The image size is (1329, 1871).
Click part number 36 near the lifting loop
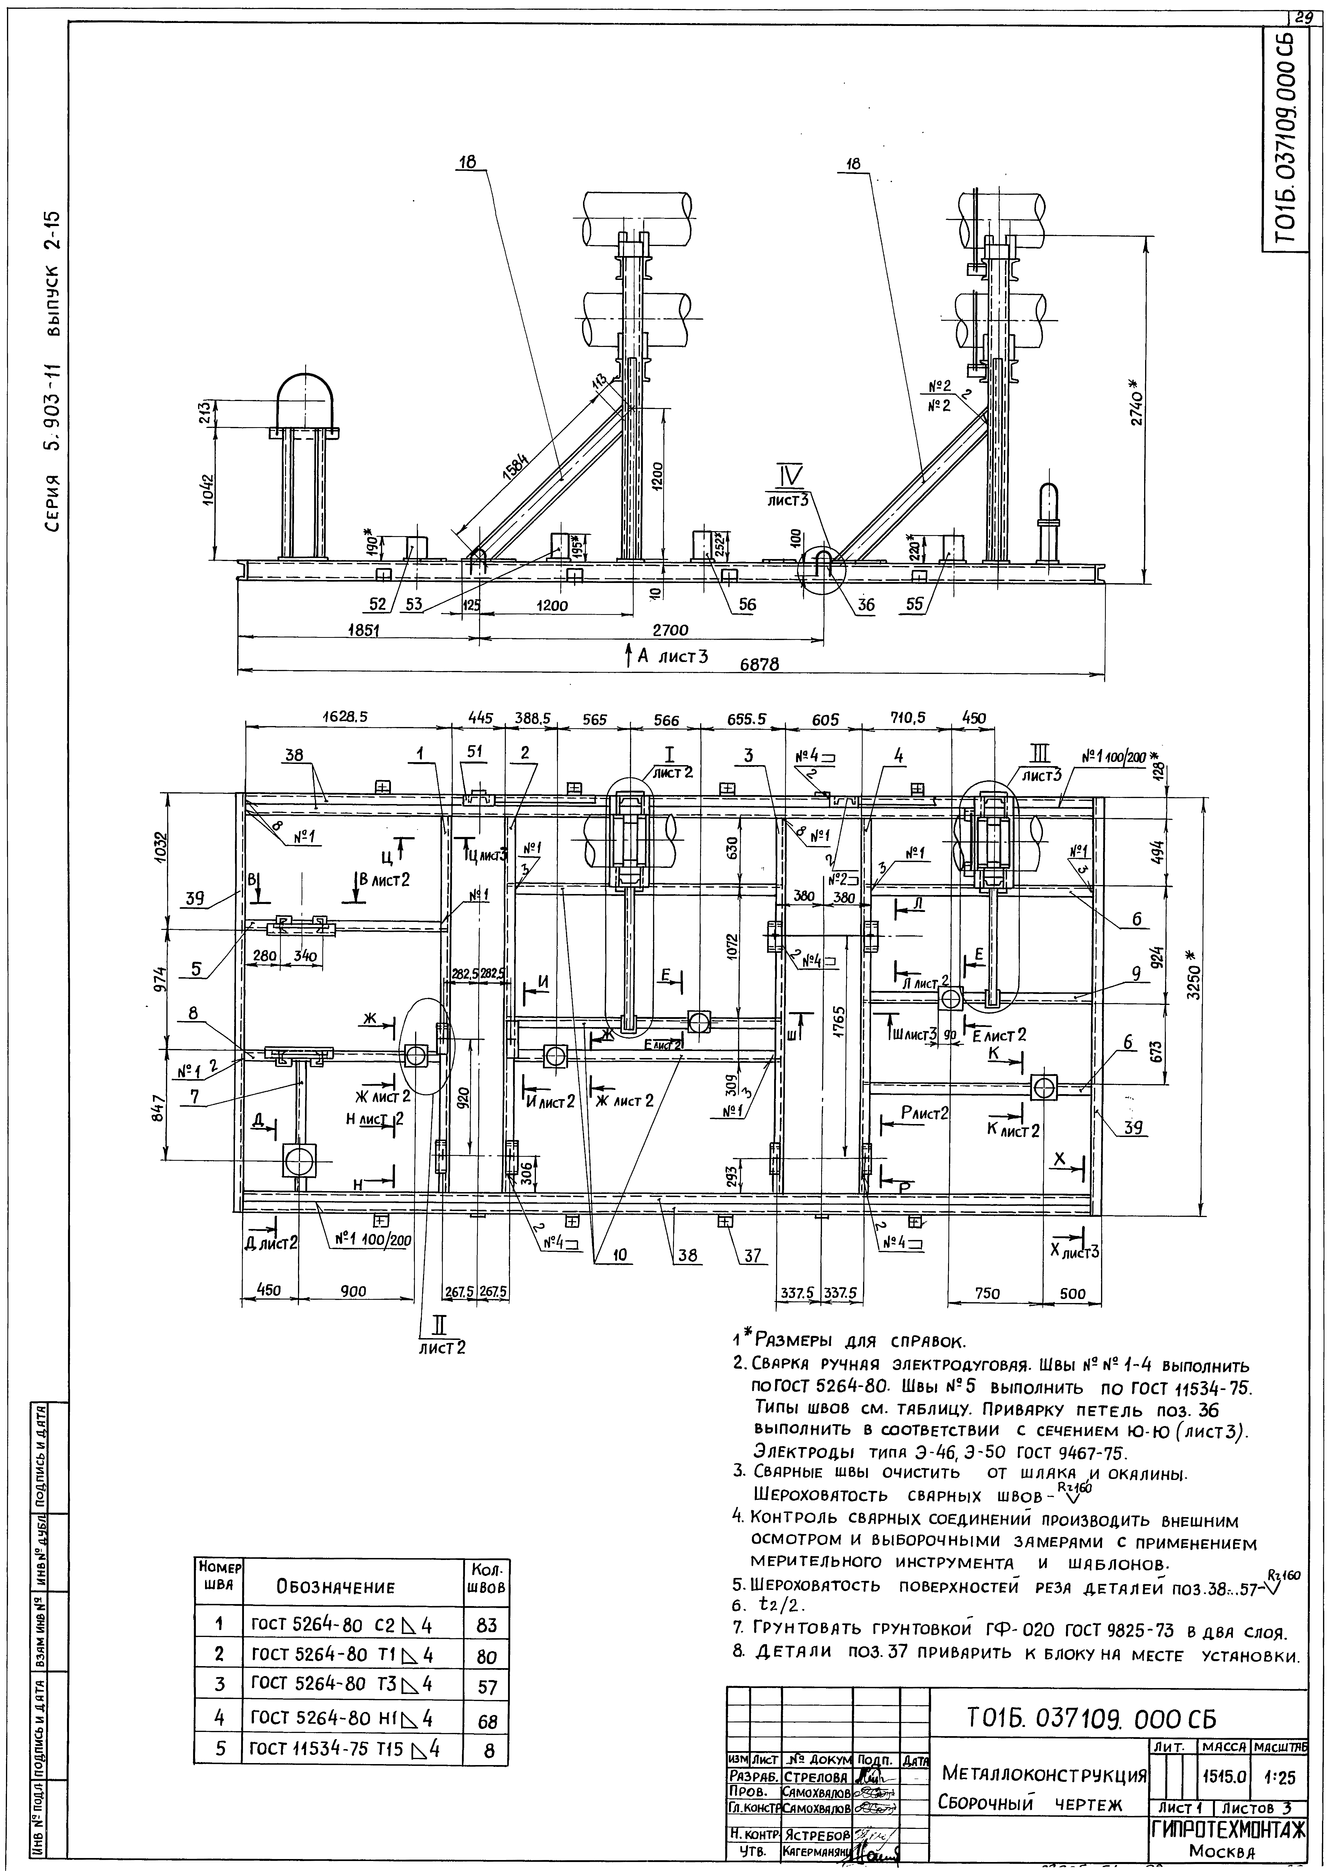(865, 605)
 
